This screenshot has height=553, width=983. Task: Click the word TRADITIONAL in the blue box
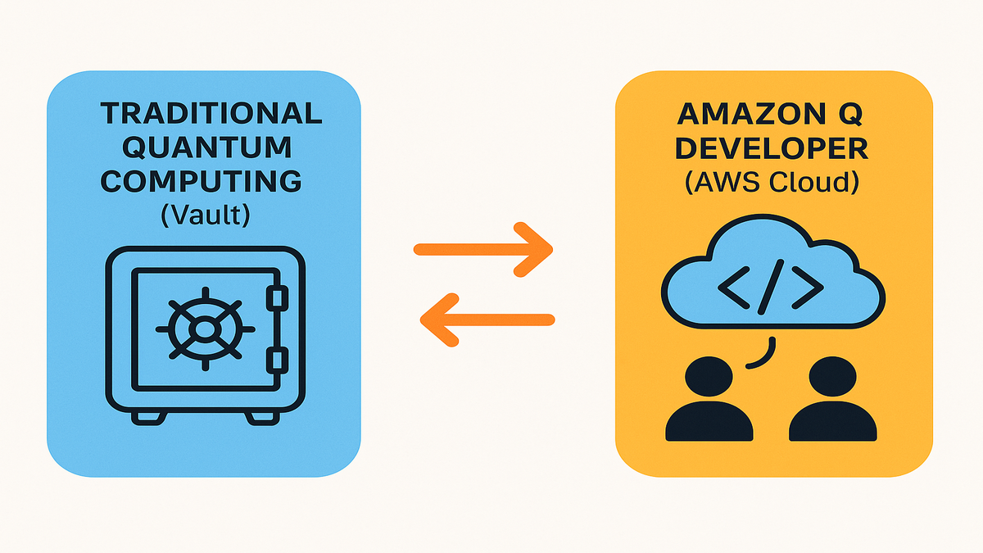210,114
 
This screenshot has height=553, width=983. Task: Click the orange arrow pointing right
483,248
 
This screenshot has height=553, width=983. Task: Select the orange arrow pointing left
487,318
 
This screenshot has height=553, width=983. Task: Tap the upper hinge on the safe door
279,297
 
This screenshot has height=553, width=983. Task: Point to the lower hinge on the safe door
279,360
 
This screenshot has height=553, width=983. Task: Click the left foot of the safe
153,417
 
